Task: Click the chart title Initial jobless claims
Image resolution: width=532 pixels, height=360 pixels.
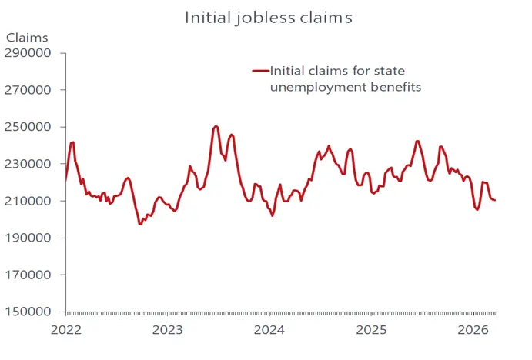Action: (269, 17)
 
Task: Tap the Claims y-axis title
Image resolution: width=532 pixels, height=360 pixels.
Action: (27, 38)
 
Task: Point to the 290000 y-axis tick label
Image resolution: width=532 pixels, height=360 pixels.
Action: (29, 53)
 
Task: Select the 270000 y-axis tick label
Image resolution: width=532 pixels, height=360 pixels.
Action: (29, 90)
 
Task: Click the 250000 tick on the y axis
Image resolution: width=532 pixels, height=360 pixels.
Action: (29, 127)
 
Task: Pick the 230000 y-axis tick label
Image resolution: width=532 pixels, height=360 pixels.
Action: (29, 164)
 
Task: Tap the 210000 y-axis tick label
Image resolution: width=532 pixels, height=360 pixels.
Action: (29, 201)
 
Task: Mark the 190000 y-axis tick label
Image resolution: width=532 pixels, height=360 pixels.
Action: (29, 238)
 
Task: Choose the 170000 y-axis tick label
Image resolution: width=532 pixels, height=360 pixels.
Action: (29, 275)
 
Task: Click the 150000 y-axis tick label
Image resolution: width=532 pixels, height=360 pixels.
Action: (29, 312)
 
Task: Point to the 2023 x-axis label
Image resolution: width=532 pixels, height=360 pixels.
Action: (168, 330)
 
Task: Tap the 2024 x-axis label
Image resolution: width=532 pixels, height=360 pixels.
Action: (269, 330)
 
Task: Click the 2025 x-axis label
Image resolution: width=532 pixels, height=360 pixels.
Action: (371, 330)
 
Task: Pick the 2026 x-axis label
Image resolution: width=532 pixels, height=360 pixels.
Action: (473, 330)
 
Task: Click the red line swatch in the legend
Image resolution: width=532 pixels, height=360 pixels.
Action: (259, 72)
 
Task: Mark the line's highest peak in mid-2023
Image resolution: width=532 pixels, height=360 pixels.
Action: (216, 125)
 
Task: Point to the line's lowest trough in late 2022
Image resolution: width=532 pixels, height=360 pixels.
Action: (140, 224)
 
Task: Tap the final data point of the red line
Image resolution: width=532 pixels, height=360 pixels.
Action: (495, 201)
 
